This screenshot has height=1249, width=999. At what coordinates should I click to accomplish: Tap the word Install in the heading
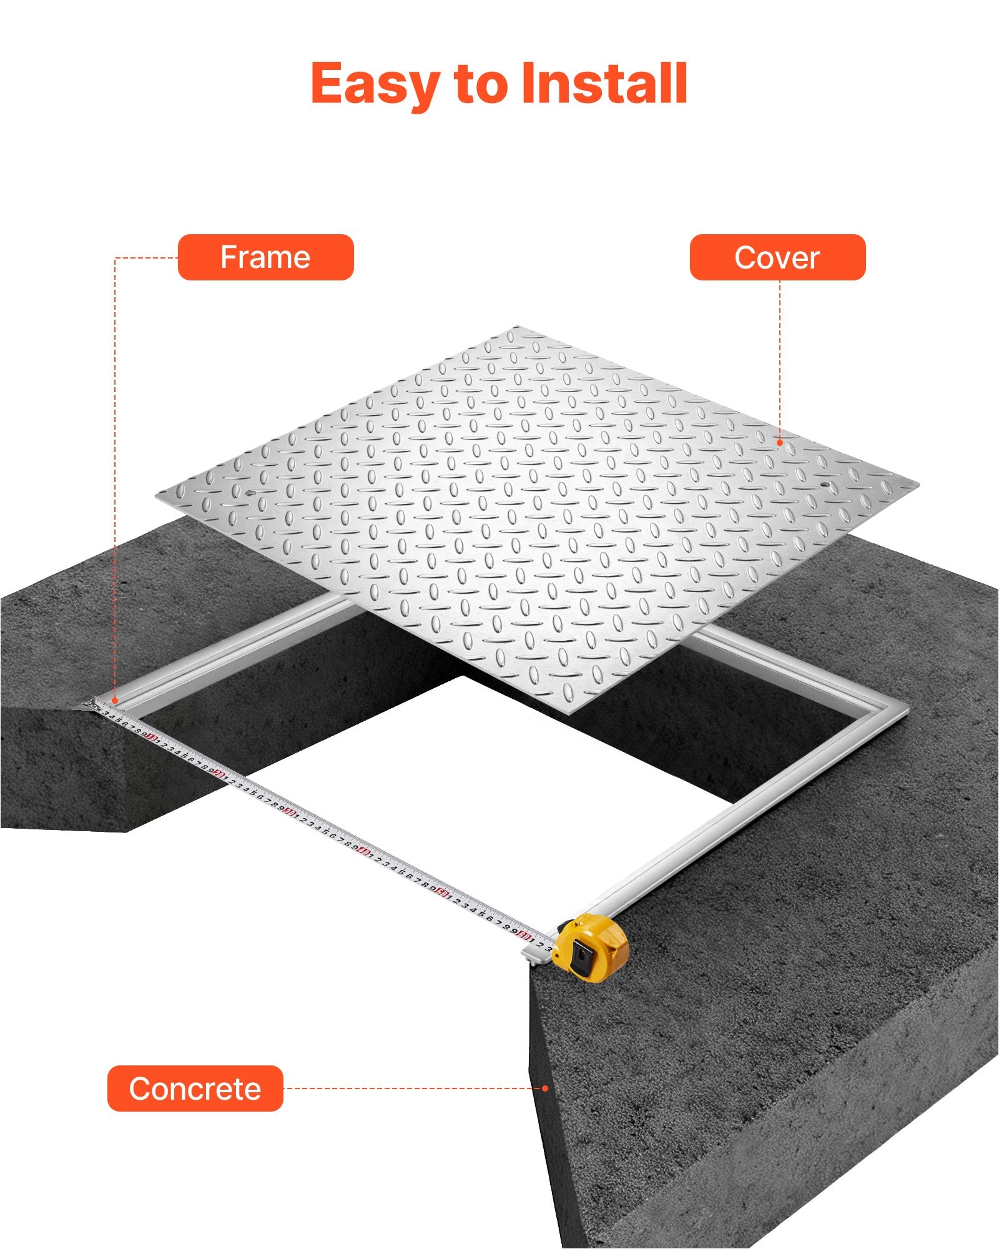tap(604, 83)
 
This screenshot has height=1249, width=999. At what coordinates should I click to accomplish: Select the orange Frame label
tap(265, 257)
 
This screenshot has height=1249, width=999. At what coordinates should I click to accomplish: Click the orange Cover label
tap(777, 257)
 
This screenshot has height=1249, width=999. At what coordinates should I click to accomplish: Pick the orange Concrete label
tap(195, 1089)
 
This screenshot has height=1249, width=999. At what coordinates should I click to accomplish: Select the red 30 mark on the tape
tap(288, 812)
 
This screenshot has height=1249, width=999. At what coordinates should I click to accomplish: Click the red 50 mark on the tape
tap(441, 892)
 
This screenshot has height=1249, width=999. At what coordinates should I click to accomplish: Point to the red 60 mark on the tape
tap(524, 936)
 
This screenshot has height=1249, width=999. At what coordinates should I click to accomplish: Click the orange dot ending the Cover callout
tap(780, 443)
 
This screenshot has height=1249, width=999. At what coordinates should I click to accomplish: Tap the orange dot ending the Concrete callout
tap(545, 1089)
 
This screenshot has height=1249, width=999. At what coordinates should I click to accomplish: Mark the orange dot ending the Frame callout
tap(115, 701)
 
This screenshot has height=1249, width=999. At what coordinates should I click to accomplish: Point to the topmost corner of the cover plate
tap(517, 327)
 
